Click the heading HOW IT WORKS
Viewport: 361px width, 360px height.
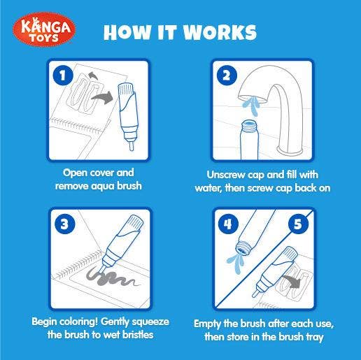180,32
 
